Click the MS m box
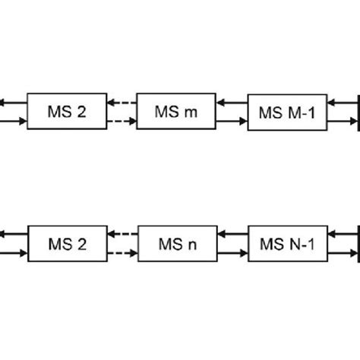(176, 112)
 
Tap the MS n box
(176, 244)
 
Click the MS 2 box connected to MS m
(67, 112)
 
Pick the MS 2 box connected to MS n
(67, 244)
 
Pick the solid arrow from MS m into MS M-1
(232, 122)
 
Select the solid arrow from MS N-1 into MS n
(232, 235)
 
